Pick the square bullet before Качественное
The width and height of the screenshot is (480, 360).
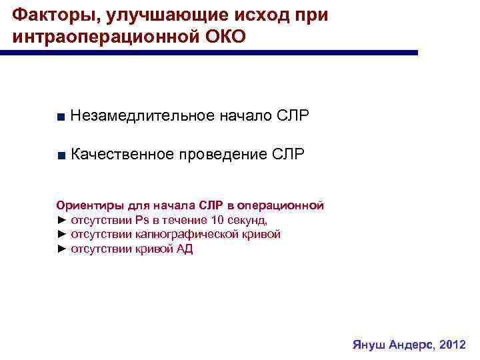(x=61, y=156)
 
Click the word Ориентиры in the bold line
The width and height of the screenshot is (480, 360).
(x=85, y=205)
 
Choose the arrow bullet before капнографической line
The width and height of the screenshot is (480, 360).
(x=62, y=235)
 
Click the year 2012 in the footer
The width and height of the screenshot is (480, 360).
(x=453, y=345)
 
